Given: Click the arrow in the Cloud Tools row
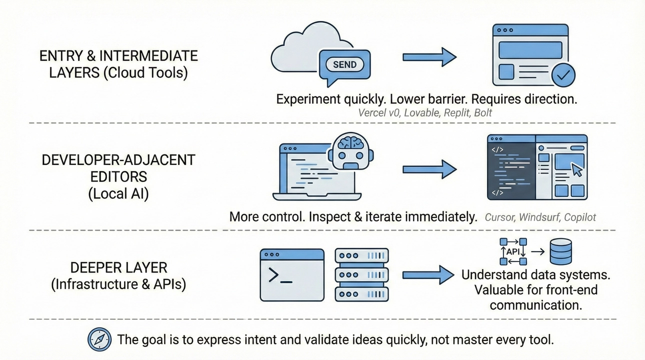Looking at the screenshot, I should [x=429, y=57].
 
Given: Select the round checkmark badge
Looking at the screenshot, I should [x=563, y=75].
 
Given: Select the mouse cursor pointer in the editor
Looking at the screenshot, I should [x=577, y=169].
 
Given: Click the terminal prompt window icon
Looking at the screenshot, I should [x=292, y=275].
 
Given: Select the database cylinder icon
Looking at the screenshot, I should [x=560, y=251].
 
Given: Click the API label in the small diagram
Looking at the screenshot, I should [x=513, y=251].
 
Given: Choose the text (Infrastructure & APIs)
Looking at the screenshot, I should [x=118, y=284].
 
